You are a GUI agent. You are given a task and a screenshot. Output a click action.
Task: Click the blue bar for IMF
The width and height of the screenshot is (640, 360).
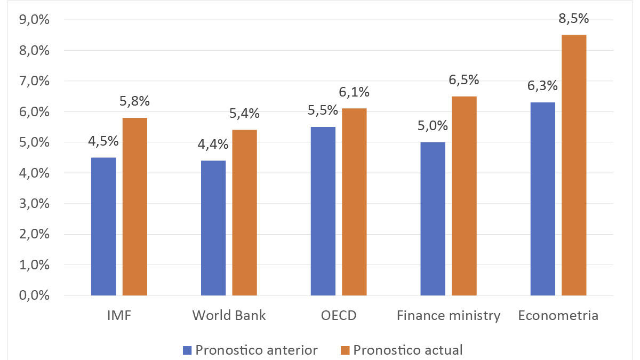click(103, 227)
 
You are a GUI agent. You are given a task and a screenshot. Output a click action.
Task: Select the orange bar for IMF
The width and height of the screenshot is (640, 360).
click(135, 207)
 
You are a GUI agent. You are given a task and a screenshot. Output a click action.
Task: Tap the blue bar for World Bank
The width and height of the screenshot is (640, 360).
click(213, 228)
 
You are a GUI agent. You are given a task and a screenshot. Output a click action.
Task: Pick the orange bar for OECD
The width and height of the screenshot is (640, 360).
click(354, 202)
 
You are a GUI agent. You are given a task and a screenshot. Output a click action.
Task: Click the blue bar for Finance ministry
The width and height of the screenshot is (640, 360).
click(433, 219)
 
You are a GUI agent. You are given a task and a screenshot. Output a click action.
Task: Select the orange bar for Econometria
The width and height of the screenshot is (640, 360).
click(574, 165)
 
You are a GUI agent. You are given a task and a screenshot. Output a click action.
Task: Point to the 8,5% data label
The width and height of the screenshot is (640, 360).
click(574, 19)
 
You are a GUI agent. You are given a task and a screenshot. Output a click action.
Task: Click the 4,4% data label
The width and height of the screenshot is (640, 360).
click(213, 145)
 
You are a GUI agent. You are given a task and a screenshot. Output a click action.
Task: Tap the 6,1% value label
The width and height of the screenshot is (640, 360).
click(354, 92)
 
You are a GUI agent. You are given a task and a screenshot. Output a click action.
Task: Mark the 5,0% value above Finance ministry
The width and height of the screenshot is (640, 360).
click(433, 126)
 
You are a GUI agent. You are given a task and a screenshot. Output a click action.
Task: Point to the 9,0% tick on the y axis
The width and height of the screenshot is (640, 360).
click(34, 20)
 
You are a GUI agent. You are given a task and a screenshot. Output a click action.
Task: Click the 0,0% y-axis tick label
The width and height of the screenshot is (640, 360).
click(34, 295)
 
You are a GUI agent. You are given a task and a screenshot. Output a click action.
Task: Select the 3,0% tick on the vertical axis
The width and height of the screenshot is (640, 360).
click(34, 204)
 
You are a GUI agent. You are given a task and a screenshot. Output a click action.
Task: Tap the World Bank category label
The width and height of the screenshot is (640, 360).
click(229, 316)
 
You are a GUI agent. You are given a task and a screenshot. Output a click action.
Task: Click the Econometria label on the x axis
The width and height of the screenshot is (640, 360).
click(558, 316)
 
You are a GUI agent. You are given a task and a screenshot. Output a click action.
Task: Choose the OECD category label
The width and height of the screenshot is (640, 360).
click(339, 316)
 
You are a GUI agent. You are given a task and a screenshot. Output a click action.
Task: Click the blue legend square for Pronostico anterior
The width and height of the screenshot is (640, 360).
click(187, 350)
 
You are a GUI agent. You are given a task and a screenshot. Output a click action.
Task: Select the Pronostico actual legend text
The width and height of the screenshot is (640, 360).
click(408, 350)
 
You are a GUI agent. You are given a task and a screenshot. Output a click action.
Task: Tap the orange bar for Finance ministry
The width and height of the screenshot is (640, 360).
click(464, 196)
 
